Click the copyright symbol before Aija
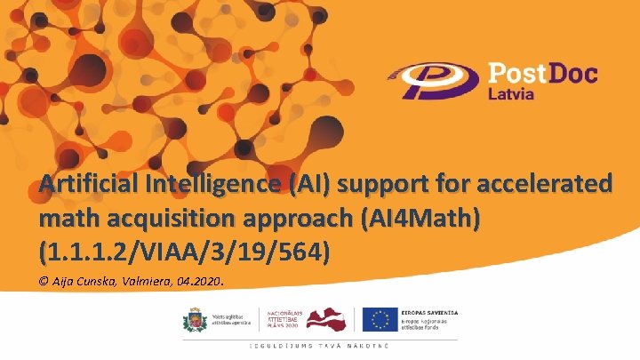pyautogui.click(x=44, y=283)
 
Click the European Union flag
pyautogui.click(x=381, y=319)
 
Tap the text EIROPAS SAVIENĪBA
pyautogui.click(x=431, y=312)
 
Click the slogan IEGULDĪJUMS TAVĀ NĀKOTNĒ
pyautogui.click(x=319, y=345)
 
